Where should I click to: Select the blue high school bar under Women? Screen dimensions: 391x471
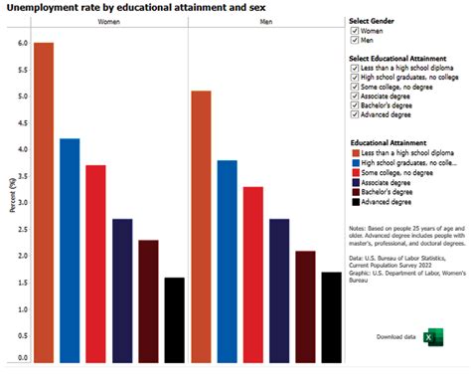70,250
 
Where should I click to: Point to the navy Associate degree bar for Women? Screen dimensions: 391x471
122,290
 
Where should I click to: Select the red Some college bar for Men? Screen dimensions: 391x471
252,274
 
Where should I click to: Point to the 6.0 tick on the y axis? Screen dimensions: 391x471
23,44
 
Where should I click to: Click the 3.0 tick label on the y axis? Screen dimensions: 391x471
23,202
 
